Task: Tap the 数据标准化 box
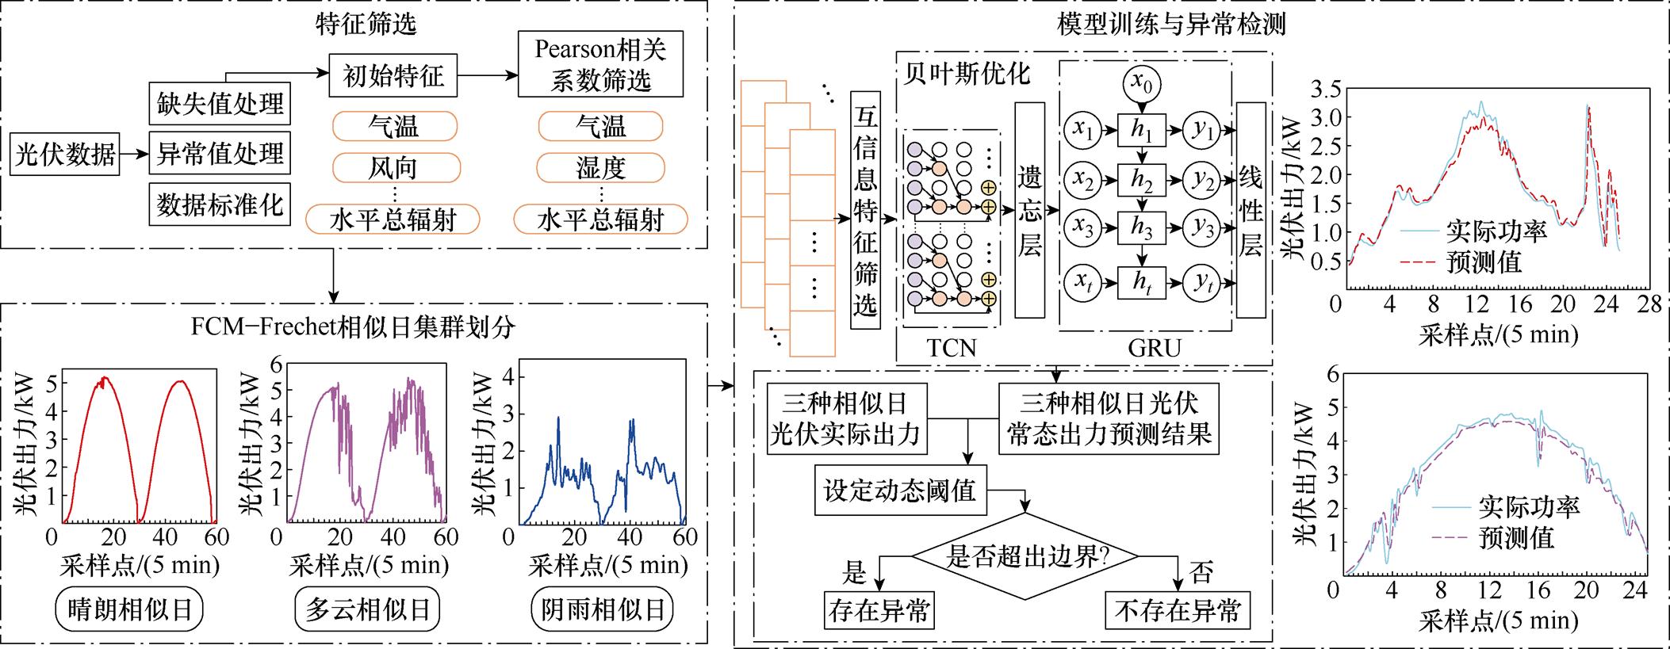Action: [x=220, y=204]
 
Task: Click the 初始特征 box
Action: [x=393, y=76]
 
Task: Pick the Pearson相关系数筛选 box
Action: [x=600, y=64]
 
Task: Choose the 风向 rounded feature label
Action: [x=395, y=168]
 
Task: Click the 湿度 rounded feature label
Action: [x=600, y=168]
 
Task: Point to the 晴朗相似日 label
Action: [x=130, y=609]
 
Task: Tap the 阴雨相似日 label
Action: [x=602, y=609]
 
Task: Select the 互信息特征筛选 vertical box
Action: [x=865, y=211]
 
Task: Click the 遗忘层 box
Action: [x=1029, y=210]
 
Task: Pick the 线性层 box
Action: [x=1251, y=210]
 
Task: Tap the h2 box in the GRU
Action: [x=1142, y=181]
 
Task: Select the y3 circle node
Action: [x=1204, y=228]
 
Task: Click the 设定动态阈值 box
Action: [x=900, y=491]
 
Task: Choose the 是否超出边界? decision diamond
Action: [x=1026, y=557]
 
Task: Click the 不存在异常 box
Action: [x=1178, y=610]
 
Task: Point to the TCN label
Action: [x=952, y=347]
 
